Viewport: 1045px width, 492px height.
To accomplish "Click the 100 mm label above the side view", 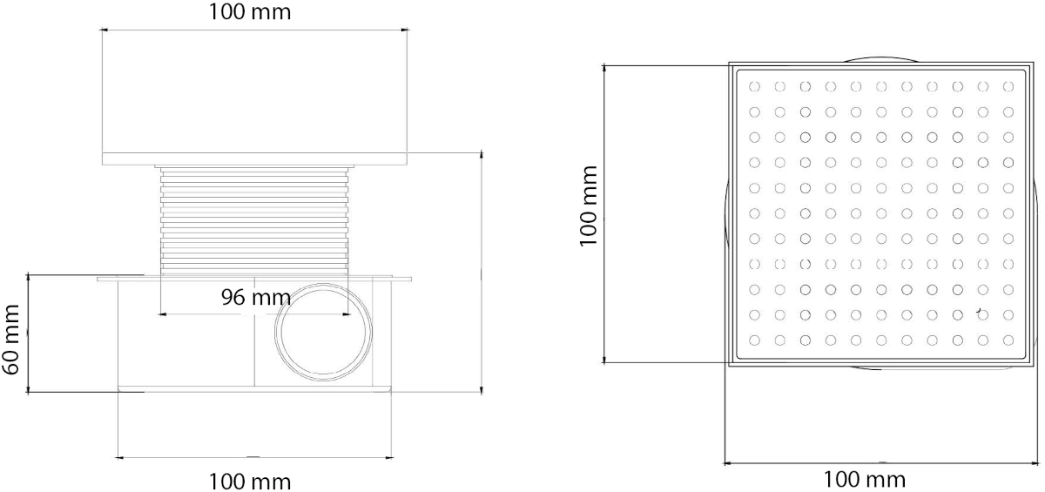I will (x=251, y=12).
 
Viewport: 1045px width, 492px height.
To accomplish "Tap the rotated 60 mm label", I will (x=11, y=339).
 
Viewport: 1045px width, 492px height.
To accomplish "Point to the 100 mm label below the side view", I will (x=251, y=481).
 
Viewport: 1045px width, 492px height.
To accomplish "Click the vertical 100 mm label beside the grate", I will (x=590, y=206).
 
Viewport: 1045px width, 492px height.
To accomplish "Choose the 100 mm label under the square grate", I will (x=865, y=479).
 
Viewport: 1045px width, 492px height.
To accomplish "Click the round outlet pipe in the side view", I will (x=324, y=332).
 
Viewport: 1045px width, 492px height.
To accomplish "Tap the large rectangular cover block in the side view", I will (x=254, y=92).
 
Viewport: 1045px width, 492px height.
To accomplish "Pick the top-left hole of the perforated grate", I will (x=755, y=86).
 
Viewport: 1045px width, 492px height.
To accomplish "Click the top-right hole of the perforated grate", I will (x=1008, y=86).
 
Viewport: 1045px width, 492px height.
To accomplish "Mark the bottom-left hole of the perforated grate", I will (x=755, y=340).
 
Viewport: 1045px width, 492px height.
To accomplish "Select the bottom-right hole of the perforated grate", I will (x=1008, y=340).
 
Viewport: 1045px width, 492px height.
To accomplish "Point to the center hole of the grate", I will (x=881, y=212).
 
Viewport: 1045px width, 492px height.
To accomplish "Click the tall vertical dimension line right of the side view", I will (x=481, y=270).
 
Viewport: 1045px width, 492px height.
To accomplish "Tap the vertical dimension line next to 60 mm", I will (x=29, y=333).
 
